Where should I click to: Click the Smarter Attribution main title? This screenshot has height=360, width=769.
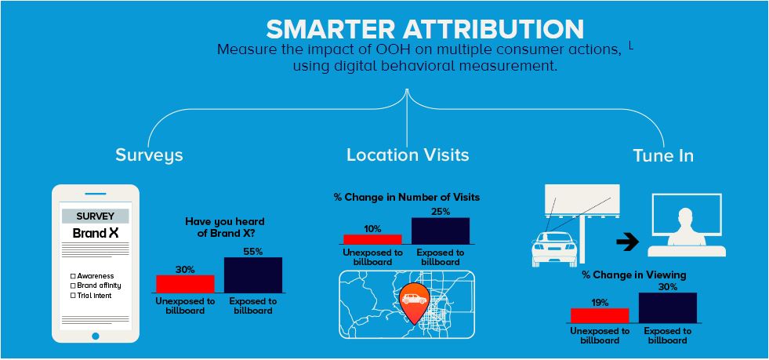pyautogui.click(x=424, y=29)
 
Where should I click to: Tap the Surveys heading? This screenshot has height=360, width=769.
pyautogui.click(x=149, y=155)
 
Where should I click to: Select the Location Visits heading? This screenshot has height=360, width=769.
pyautogui.click(x=408, y=155)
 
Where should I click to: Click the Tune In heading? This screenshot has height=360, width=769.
pyautogui.click(x=663, y=155)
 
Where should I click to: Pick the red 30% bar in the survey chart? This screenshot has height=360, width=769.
pyautogui.click(x=185, y=284)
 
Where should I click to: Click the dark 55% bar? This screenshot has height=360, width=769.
pyautogui.click(x=252, y=275)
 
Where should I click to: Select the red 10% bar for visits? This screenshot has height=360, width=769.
pyautogui.click(x=372, y=239)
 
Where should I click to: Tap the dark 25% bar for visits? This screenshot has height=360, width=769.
pyautogui.click(x=440, y=231)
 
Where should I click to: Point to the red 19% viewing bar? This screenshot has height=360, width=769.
pyautogui.click(x=600, y=315)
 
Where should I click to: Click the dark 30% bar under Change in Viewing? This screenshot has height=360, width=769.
pyautogui.click(x=667, y=307)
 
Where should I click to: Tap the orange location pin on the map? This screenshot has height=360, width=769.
pyautogui.click(x=413, y=302)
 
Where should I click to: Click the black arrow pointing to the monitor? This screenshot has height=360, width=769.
pyautogui.click(x=626, y=243)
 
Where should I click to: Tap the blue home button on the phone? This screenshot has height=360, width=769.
pyautogui.click(x=96, y=335)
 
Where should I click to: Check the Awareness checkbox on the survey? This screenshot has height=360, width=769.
pyautogui.click(x=73, y=276)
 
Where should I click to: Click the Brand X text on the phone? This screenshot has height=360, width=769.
pyautogui.click(x=96, y=233)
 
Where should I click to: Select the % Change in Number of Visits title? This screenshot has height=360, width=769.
pyautogui.click(x=407, y=197)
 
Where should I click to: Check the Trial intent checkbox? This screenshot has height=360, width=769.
pyautogui.click(x=73, y=295)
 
